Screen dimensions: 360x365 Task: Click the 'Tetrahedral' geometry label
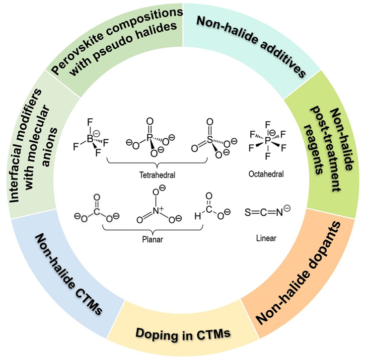click(x=157, y=174)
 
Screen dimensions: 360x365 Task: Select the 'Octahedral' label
click(x=267, y=174)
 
